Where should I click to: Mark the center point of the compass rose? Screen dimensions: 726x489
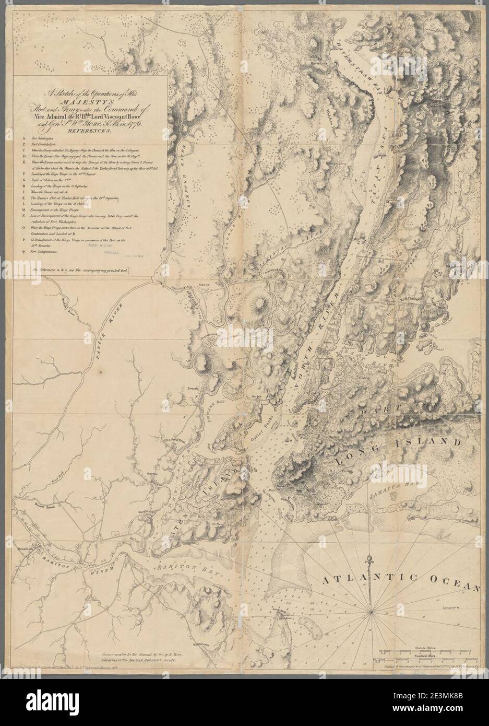point(371,610)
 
